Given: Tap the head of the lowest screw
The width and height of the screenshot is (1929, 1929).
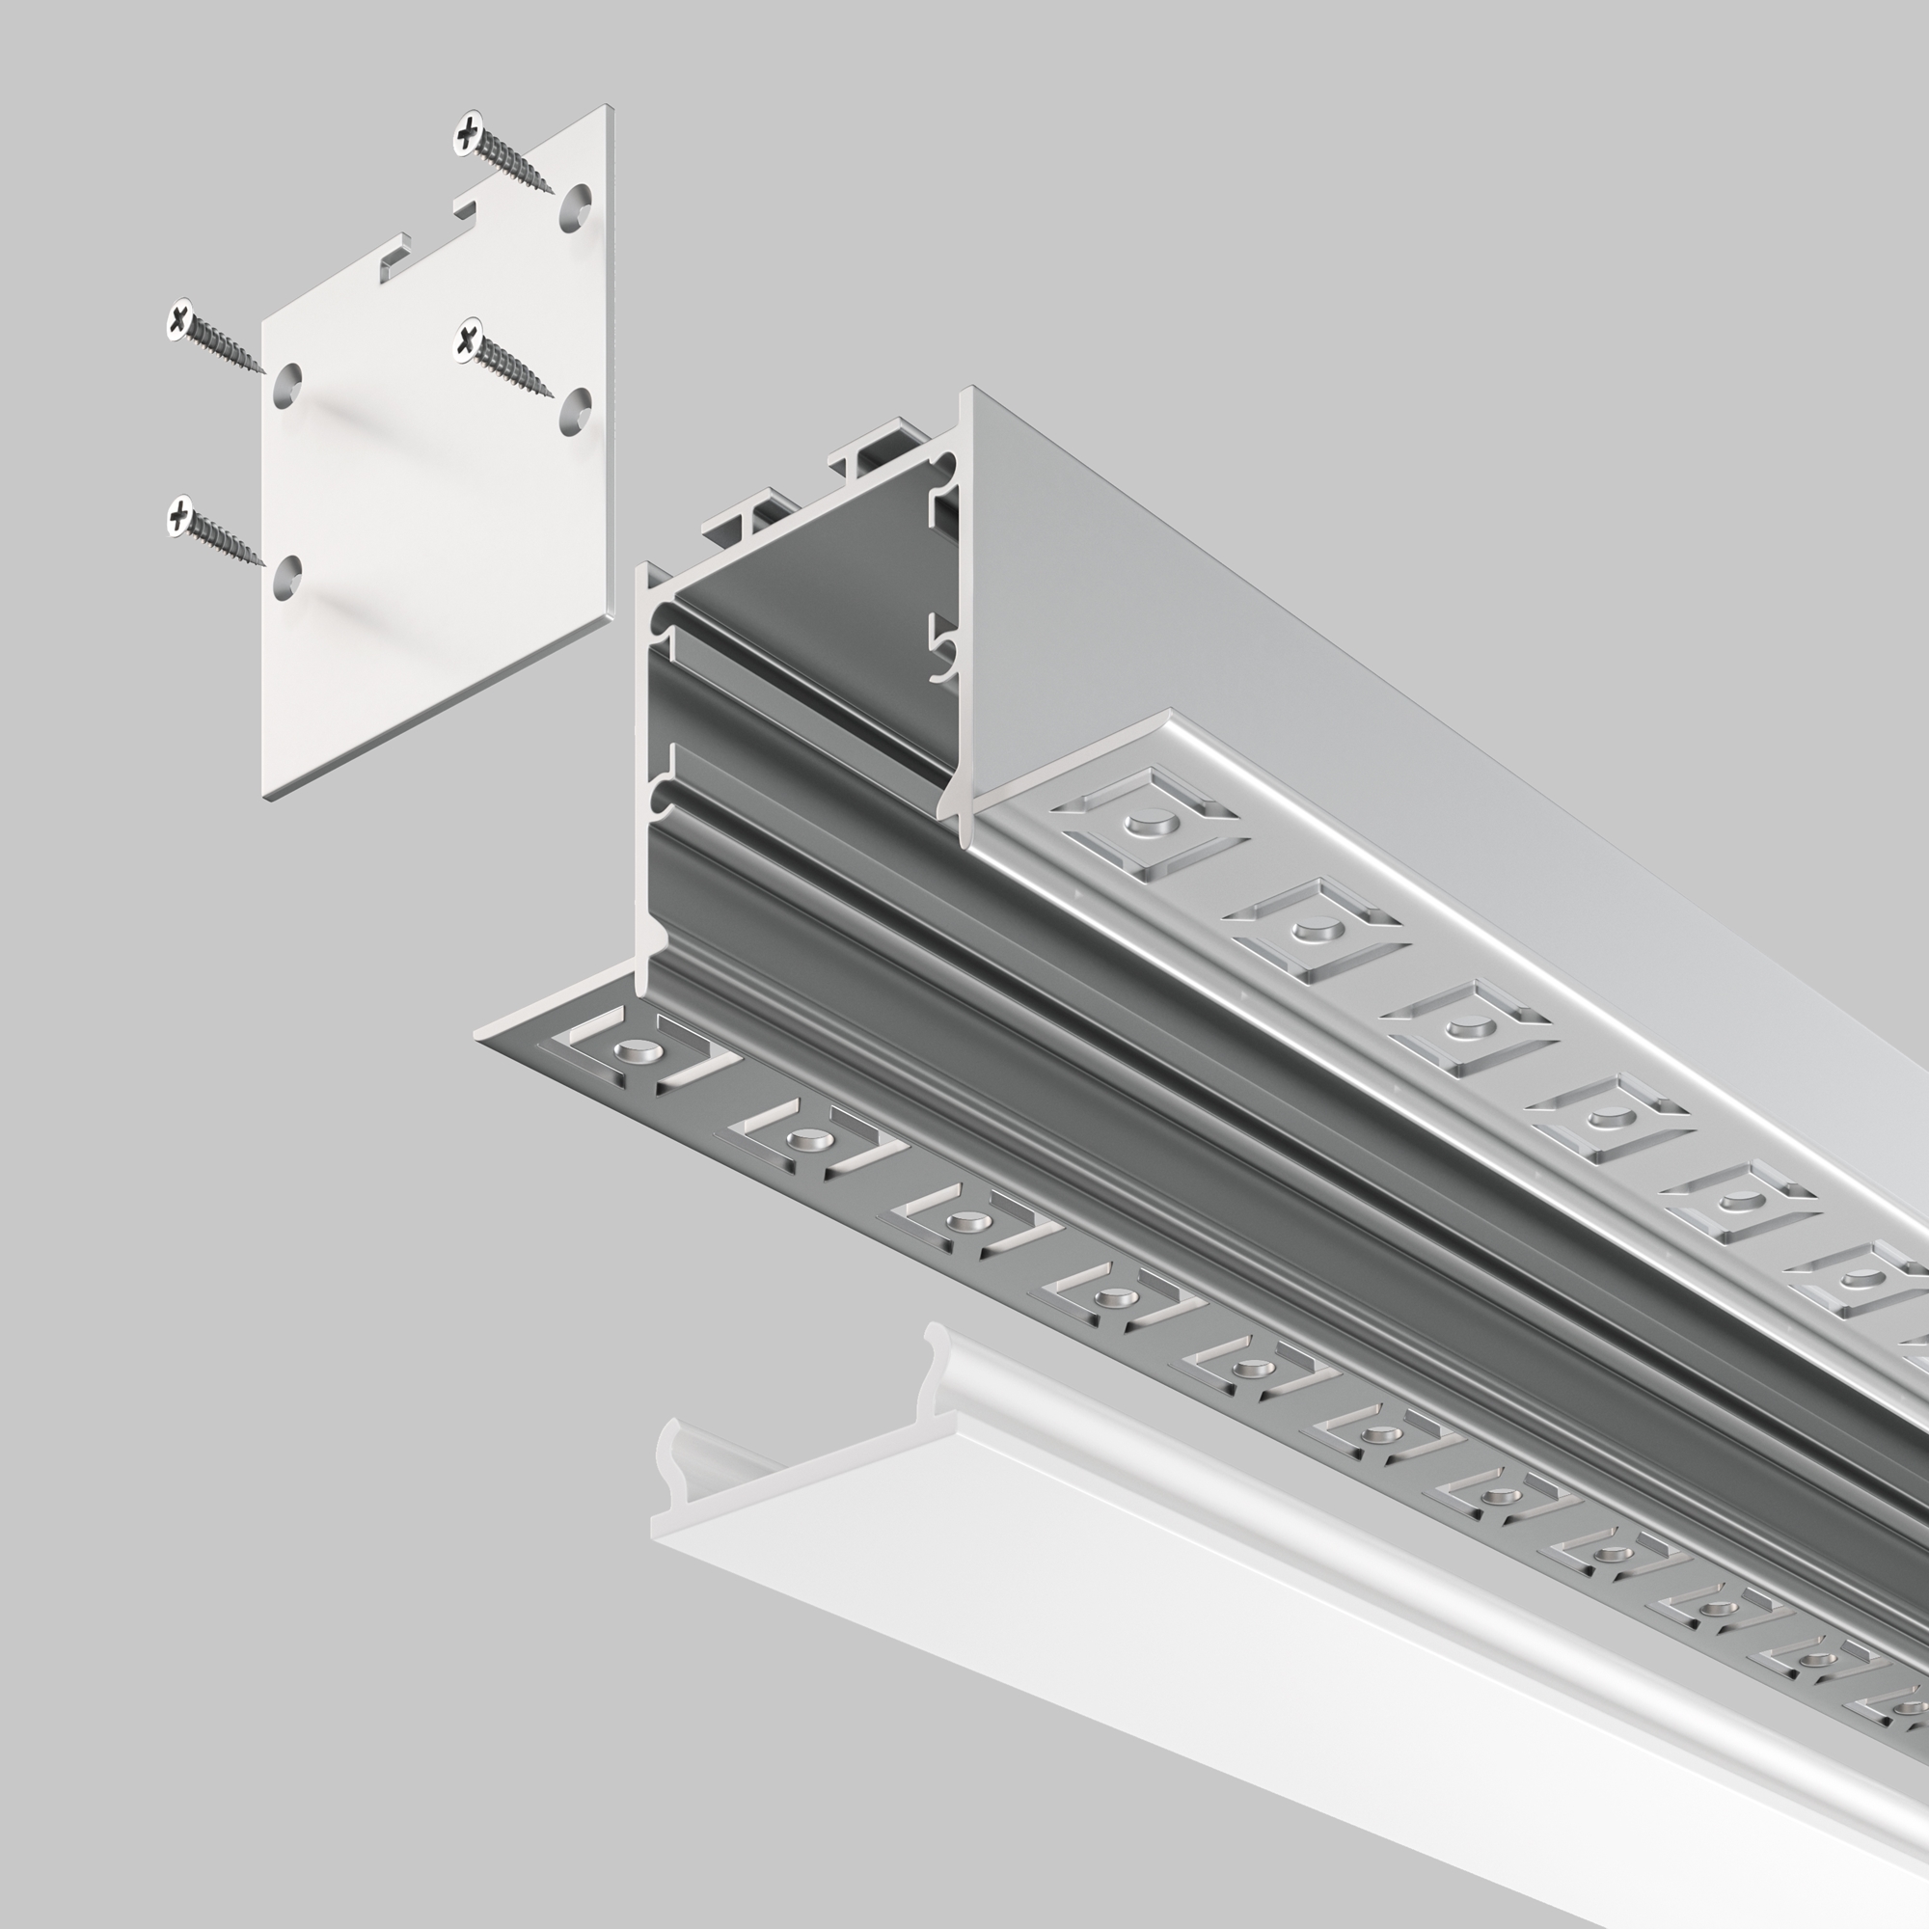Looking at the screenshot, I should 180,514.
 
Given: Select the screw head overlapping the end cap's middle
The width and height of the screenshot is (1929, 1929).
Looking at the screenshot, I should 467,341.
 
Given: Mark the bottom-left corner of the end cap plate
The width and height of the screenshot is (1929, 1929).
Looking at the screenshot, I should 263,795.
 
